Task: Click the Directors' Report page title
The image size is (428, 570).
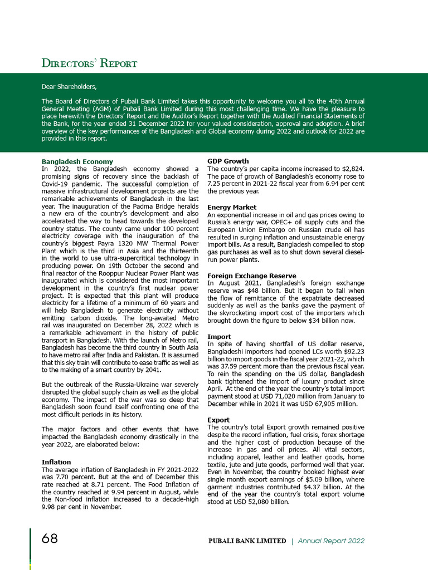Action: pos(89,63)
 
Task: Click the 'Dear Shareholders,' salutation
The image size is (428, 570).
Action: pos(69,87)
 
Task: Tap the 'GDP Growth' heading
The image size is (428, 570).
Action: pos(228,161)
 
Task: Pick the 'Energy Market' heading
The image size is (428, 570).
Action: pos(232,207)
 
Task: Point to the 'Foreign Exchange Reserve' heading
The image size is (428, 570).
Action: pos(251,276)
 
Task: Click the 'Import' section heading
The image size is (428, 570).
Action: pos(219,337)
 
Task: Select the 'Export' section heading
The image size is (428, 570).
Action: pos(219,419)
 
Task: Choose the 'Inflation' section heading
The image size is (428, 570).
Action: pos(56,462)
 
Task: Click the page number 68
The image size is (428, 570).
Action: pos(50,539)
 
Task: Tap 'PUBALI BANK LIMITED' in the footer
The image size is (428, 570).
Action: pos(247,541)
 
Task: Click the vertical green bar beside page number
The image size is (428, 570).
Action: pos(31,548)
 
